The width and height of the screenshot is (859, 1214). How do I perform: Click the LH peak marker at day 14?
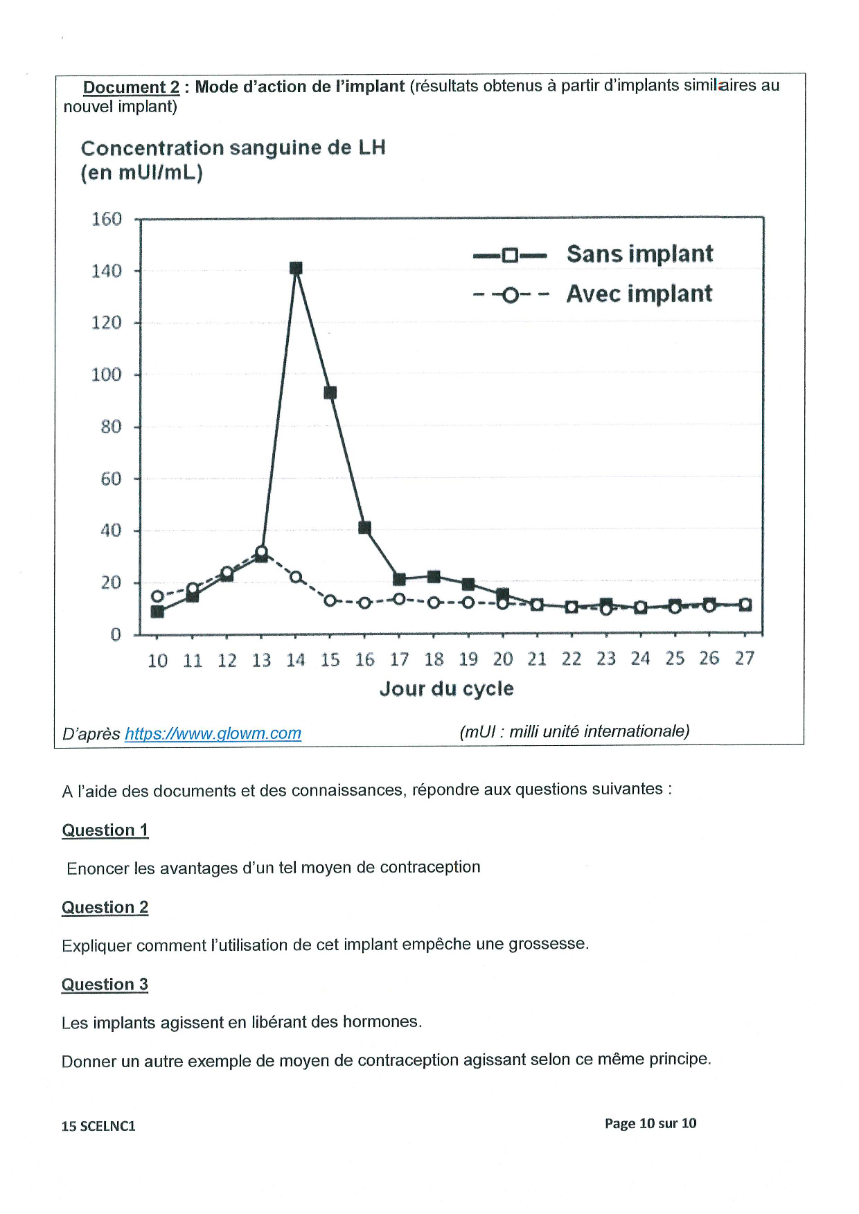point(296,268)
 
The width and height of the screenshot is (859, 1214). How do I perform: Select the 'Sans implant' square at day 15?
point(330,393)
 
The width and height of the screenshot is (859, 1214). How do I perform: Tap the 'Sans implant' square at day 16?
point(365,528)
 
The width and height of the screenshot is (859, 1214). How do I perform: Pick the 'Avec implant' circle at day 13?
point(261,552)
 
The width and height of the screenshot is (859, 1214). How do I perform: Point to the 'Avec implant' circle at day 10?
point(157,596)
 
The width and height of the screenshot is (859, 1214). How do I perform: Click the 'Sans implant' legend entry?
point(593,254)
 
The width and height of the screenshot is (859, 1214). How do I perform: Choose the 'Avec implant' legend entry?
point(593,294)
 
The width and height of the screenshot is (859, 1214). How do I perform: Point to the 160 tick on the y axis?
point(107,220)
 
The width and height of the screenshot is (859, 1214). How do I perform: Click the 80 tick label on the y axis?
point(111,427)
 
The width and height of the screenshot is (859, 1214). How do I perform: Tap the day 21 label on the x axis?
point(537,659)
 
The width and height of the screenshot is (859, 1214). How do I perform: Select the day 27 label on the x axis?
point(745,658)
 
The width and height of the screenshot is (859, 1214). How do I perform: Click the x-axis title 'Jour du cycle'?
point(447,688)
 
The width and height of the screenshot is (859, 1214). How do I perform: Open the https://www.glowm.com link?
point(213,733)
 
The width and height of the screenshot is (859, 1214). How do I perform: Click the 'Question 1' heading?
point(105,830)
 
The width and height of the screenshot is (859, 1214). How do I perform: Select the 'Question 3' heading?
point(105,984)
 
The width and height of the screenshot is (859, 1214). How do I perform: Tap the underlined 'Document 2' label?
point(131,87)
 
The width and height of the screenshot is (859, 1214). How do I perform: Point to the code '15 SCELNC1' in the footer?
point(98,1126)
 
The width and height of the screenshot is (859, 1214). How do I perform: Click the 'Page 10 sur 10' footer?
point(650,1123)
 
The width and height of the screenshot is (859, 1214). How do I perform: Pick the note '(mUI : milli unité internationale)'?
point(574,731)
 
